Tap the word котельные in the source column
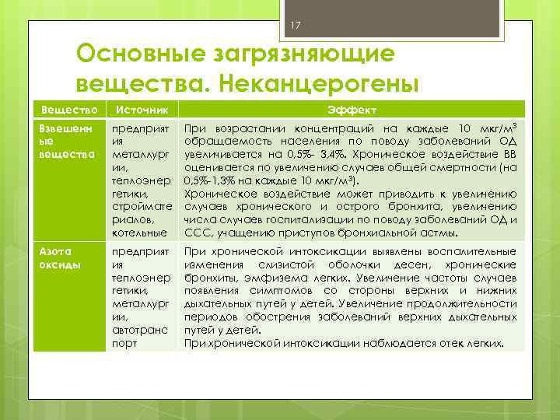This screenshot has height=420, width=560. tap(140, 233)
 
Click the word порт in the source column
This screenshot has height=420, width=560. tap(127, 343)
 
